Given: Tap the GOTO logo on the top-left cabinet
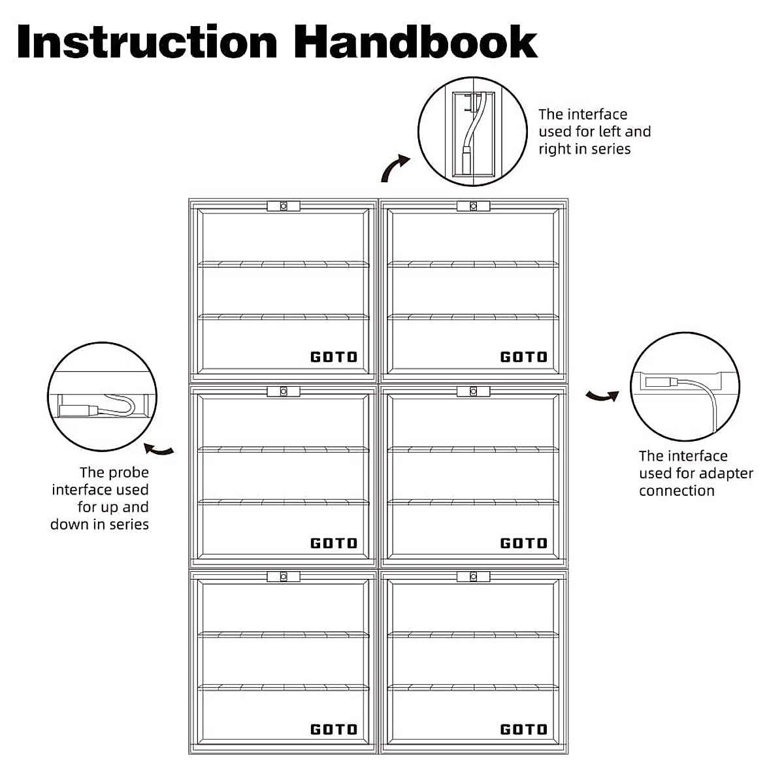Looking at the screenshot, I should point(334,357).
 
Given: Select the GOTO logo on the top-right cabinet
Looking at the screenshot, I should point(524,357).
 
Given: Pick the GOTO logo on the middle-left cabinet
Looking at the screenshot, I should point(334,543).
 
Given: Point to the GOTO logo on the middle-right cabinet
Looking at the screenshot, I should point(524,543).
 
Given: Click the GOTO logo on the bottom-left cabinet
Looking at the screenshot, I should point(334,729).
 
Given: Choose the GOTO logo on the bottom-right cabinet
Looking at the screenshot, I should point(524,729).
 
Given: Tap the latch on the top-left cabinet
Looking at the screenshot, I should point(284,206).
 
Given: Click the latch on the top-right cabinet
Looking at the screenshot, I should point(474,206).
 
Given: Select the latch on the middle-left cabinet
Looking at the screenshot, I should point(284,391).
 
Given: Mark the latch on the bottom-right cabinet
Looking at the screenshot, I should point(474,577).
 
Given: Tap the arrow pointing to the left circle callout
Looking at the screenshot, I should point(159,449).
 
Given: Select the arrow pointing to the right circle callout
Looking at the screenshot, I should point(602,395).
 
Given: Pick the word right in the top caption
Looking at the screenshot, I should point(555,149).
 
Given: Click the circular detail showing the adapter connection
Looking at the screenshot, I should point(685,387).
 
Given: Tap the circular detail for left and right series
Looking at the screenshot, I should point(472,132).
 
